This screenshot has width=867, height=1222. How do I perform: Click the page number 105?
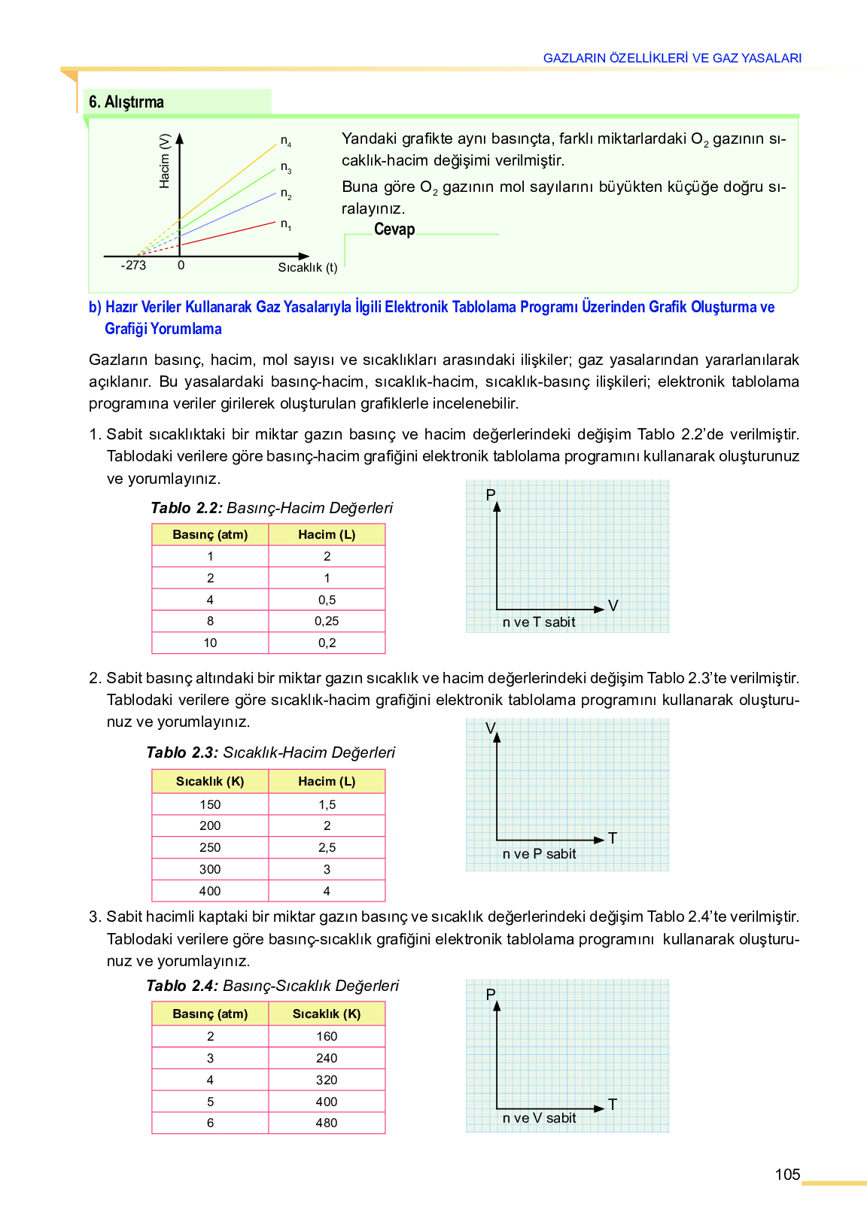tap(787, 1175)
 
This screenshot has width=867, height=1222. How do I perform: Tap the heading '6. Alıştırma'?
tap(126, 102)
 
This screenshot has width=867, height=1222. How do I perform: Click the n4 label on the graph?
tap(286, 141)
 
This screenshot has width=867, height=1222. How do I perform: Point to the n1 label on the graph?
tap(286, 224)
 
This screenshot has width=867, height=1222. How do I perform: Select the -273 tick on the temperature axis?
tap(133, 266)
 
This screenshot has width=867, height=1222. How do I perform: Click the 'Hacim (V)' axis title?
tap(165, 161)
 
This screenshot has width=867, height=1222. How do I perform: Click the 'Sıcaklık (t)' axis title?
tap(307, 267)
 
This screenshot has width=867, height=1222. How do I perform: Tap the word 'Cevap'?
tap(394, 230)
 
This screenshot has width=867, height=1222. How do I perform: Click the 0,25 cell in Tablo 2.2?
tap(327, 622)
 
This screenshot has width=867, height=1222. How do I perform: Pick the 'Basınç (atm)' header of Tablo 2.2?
tap(210, 535)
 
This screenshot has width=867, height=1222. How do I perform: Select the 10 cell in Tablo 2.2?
tap(210, 643)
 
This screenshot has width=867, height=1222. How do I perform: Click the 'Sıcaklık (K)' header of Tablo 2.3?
tap(210, 782)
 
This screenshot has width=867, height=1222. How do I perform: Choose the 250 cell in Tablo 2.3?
tap(210, 848)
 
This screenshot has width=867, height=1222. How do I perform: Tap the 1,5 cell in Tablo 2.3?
tap(327, 805)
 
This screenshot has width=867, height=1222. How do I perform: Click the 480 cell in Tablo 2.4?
tap(327, 1123)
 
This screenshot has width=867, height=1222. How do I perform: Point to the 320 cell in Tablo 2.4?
tap(327, 1081)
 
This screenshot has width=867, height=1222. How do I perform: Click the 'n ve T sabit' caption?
tap(539, 622)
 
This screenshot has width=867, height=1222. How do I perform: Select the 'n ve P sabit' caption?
tap(539, 854)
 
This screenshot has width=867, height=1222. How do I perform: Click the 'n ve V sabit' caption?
tap(539, 1118)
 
